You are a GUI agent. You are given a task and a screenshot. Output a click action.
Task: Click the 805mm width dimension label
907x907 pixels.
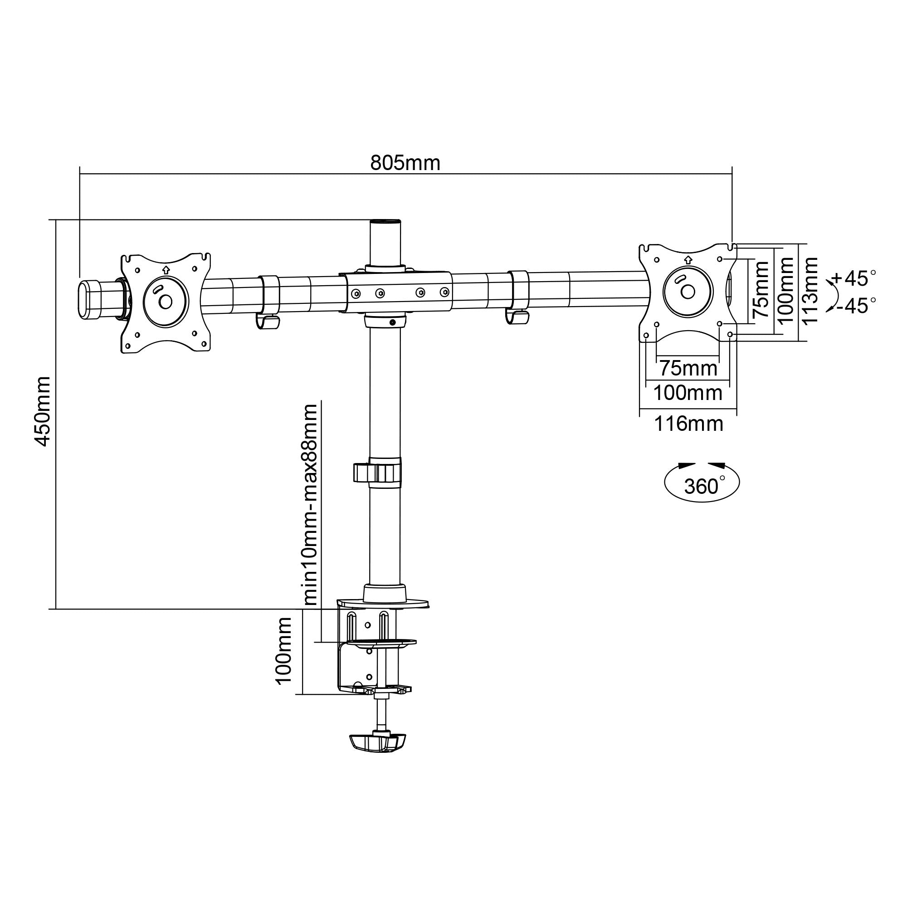[x=405, y=163]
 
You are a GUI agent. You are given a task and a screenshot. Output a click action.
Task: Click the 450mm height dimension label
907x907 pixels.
[x=43, y=411]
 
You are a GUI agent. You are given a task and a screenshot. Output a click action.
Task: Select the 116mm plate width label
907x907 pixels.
[x=689, y=424]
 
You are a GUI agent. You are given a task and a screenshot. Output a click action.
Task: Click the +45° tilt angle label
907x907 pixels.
[x=853, y=278]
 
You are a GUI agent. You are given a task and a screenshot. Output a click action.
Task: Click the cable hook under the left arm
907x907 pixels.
[x=268, y=322]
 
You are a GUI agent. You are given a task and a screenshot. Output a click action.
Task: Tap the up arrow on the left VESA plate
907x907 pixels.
[x=165, y=269]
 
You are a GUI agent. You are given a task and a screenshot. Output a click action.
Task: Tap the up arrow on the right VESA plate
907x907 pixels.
[x=688, y=258]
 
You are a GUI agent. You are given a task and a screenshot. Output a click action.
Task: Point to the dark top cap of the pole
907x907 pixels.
[x=385, y=222]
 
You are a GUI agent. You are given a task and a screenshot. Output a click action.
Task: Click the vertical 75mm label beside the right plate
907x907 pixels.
[x=761, y=290]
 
